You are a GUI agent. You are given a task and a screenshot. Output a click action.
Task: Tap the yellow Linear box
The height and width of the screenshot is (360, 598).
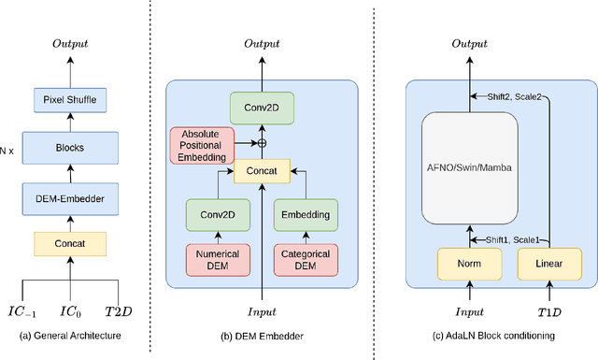548,265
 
